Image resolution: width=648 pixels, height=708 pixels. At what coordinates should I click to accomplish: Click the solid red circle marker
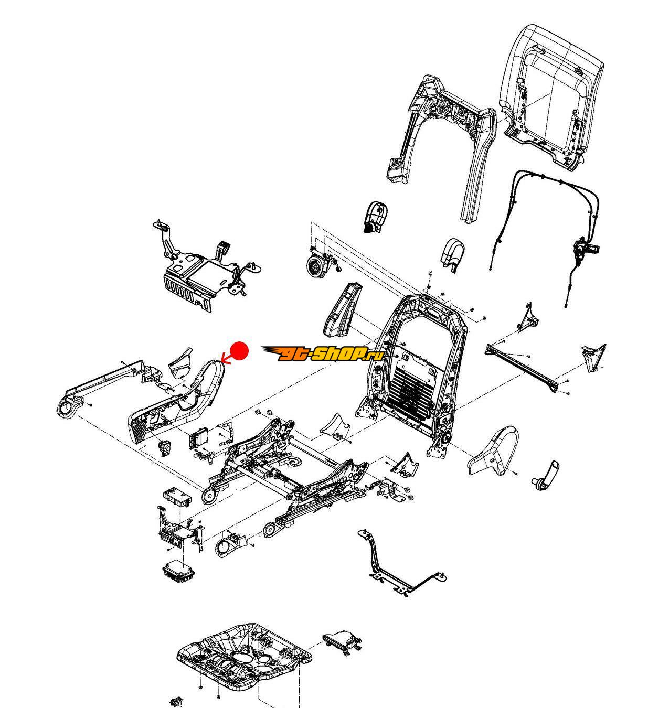point(240,350)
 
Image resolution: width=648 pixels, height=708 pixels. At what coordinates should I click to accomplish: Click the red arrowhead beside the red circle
point(224,359)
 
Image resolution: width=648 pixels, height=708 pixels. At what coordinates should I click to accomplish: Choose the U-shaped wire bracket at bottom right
point(399,566)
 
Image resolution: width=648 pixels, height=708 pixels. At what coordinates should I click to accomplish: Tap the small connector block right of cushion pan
point(343,641)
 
